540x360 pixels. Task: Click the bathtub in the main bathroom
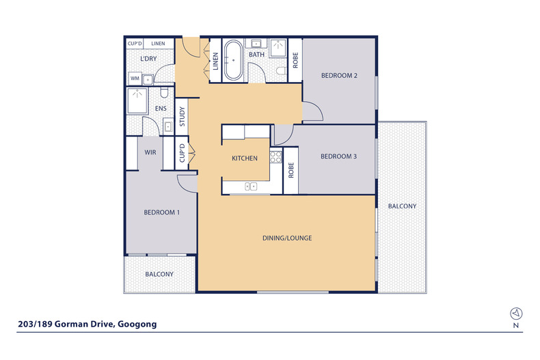pos(233,60)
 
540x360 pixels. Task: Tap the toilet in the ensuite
pos(164,93)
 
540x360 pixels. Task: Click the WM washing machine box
pos(135,79)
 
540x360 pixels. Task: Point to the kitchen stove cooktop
pos(275,157)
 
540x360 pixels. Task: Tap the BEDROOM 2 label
pos(339,75)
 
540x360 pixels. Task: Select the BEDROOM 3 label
pos(339,156)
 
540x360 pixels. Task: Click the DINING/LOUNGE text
pos(287,238)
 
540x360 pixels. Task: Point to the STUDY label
pos(182,117)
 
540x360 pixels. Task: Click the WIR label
pos(150,152)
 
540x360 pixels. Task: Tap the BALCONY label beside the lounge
pos(402,206)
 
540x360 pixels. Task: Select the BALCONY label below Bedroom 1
pos(159,274)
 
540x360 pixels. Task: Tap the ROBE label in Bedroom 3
pos(291,170)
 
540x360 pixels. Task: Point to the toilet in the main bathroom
pos(281,70)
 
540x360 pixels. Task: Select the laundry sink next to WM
pos(148,79)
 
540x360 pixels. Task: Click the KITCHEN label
pos(245,158)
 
